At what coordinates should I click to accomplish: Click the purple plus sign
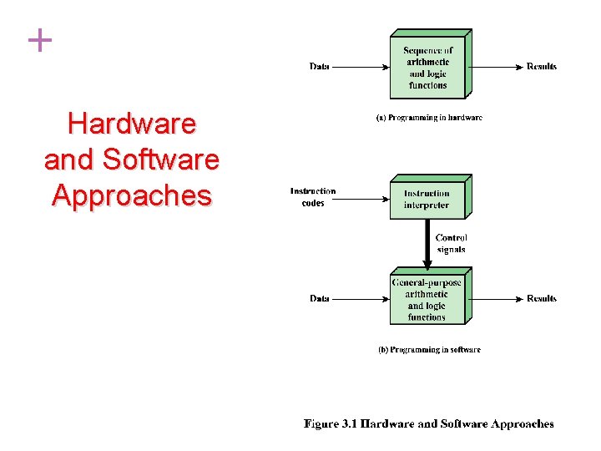pos(39,40)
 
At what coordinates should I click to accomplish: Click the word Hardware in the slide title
pos(132,124)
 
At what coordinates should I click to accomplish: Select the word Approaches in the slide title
pos(132,195)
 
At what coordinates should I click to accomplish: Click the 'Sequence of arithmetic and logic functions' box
pos(427,68)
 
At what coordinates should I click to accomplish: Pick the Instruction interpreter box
pos(427,200)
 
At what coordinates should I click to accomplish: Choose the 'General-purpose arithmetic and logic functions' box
pos(427,300)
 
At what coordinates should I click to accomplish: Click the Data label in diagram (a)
pos(319,67)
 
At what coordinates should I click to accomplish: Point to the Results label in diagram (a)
pos(541,67)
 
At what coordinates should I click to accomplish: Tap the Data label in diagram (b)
pos(319,298)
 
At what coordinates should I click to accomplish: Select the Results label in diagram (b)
pos(541,298)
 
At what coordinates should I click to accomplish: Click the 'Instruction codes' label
pos(313,197)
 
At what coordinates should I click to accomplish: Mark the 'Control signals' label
pos(452,244)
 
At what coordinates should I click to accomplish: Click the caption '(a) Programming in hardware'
pos(429,118)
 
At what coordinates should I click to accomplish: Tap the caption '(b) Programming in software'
pos(429,350)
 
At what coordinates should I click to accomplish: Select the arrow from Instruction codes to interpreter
pos(363,198)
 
